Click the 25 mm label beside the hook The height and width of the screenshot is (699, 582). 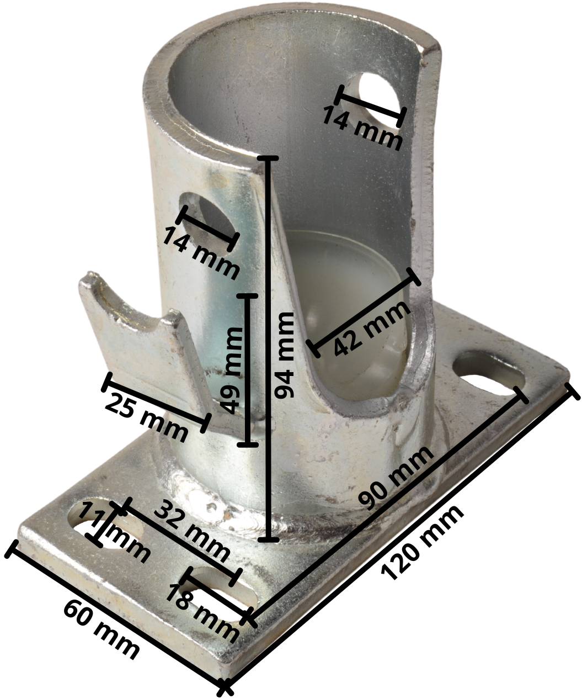coord(146,416)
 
